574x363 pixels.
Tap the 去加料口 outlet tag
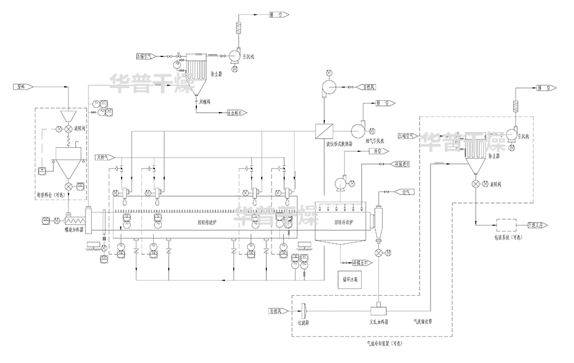pos(236,113)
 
